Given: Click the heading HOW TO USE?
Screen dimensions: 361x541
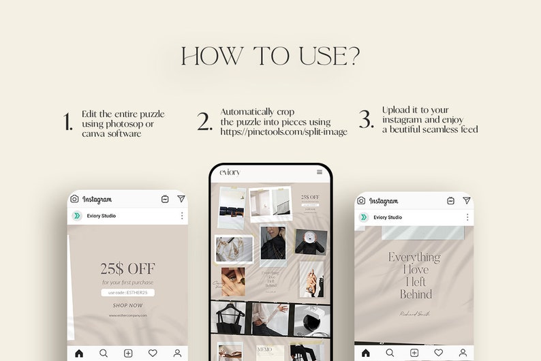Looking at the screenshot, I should point(270,57).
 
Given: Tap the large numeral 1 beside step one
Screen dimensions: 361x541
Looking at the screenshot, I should point(67,123).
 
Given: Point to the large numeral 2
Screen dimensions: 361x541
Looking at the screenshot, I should point(205,122).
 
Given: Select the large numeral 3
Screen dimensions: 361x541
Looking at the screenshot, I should point(367,120).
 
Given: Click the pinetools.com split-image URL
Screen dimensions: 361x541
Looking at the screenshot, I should point(283,131).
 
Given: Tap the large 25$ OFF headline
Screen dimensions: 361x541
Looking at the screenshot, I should point(127,268).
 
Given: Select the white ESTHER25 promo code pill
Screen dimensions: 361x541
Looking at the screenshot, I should point(127,293).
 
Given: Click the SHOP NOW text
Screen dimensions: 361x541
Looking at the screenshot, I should point(127,306).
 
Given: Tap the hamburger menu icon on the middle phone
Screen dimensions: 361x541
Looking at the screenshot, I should point(320,172).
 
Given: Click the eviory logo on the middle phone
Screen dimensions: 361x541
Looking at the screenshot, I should point(230,172).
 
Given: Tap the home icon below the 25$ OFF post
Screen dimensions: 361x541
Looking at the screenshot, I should point(79,353).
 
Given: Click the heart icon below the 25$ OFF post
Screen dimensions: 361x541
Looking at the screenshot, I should point(153,353).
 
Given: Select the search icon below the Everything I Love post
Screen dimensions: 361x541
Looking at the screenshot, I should point(390,353).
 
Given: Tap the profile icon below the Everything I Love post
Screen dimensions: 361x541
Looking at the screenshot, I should point(463,353).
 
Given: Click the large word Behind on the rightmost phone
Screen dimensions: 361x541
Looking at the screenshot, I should point(416,294).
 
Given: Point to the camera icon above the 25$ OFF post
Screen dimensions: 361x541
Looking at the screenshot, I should point(74,199).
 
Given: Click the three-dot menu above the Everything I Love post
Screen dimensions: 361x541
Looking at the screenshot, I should point(467,217).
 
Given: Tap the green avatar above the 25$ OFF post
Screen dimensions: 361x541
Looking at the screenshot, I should point(77,216).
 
